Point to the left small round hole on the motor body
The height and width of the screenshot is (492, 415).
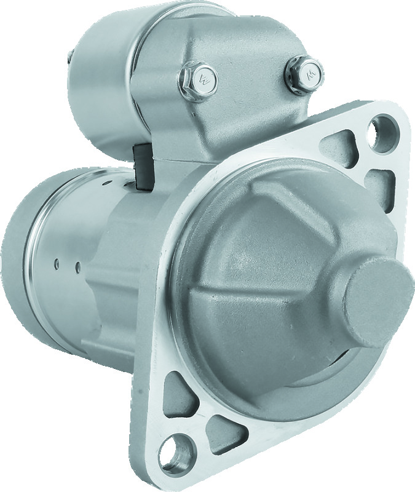tap(56, 263)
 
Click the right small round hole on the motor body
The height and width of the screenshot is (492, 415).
tap(78, 267)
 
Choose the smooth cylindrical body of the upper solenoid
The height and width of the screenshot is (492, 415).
tap(98, 80)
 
